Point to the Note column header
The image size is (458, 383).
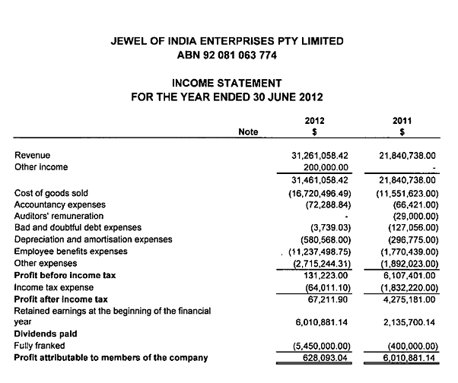pos(248,131)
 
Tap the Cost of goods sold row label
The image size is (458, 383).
pos(51,194)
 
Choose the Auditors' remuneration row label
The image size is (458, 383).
pos(62,217)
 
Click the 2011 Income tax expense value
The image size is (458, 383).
pos(406,286)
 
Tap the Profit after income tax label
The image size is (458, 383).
pos(62,298)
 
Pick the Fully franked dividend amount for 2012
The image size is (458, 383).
pos(320,344)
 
